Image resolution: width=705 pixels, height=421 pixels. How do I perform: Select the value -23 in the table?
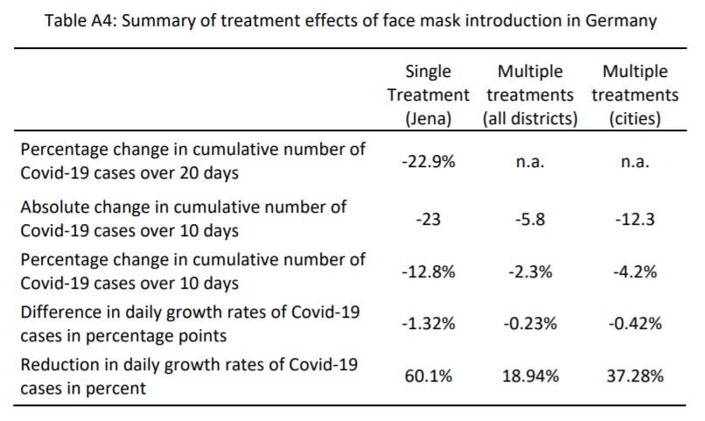(x=428, y=220)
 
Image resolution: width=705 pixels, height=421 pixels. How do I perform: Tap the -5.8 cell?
(x=529, y=220)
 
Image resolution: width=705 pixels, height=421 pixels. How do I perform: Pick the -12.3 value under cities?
(x=635, y=220)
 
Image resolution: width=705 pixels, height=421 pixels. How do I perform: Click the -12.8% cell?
(x=428, y=271)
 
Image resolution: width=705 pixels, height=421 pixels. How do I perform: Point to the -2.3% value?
(x=529, y=271)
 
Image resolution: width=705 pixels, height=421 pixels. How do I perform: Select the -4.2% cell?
(x=635, y=271)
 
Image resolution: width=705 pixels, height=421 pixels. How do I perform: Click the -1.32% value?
(x=428, y=324)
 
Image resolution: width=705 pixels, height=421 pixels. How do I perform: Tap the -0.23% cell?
(x=529, y=324)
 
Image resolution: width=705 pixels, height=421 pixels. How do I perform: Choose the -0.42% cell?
(x=635, y=324)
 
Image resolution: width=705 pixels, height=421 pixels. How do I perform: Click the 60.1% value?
(x=428, y=376)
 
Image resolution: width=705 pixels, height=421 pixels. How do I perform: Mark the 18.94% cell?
(x=529, y=376)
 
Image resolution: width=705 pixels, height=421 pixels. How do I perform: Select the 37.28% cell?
(x=635, y=376)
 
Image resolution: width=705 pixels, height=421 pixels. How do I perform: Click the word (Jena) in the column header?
(x=428, y=117)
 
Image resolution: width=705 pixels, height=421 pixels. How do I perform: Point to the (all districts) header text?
(x=529, y=117)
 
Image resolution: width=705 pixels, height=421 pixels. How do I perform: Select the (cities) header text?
(x=635, y=117)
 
